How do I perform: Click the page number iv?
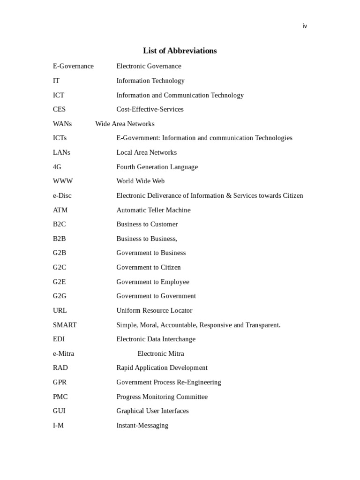click(x=305, y=26)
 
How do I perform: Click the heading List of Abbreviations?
click(x=180, y=51)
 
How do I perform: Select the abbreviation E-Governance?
click(x=73, y=66)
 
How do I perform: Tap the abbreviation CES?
click(x=59, y=109)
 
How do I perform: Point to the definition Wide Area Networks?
click(x=125, y=124)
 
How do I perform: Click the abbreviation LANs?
click(x=61, y=152)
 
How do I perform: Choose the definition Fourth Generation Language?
click(x=157, y=167)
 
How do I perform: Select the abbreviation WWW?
click(x=63, y=181)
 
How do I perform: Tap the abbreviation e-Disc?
click(x=62, y=195)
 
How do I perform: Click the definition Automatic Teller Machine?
click(x=153, y=210)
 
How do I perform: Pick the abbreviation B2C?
click(x=60, y=224)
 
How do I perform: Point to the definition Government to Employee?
click(x=153, y=282)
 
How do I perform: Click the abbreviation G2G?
click(x=60, y=296)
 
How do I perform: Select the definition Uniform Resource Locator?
click(x=154, y=310)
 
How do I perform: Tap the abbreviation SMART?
click(x=65, y=325)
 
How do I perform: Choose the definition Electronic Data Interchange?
click(x=156, y=339)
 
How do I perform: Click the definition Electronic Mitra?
click(x=161, y=353)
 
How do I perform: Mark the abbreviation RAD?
click(x=60, y=367)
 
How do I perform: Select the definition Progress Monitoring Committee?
click(x=162, y=397)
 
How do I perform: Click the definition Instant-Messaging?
click(x=142, y=425)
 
